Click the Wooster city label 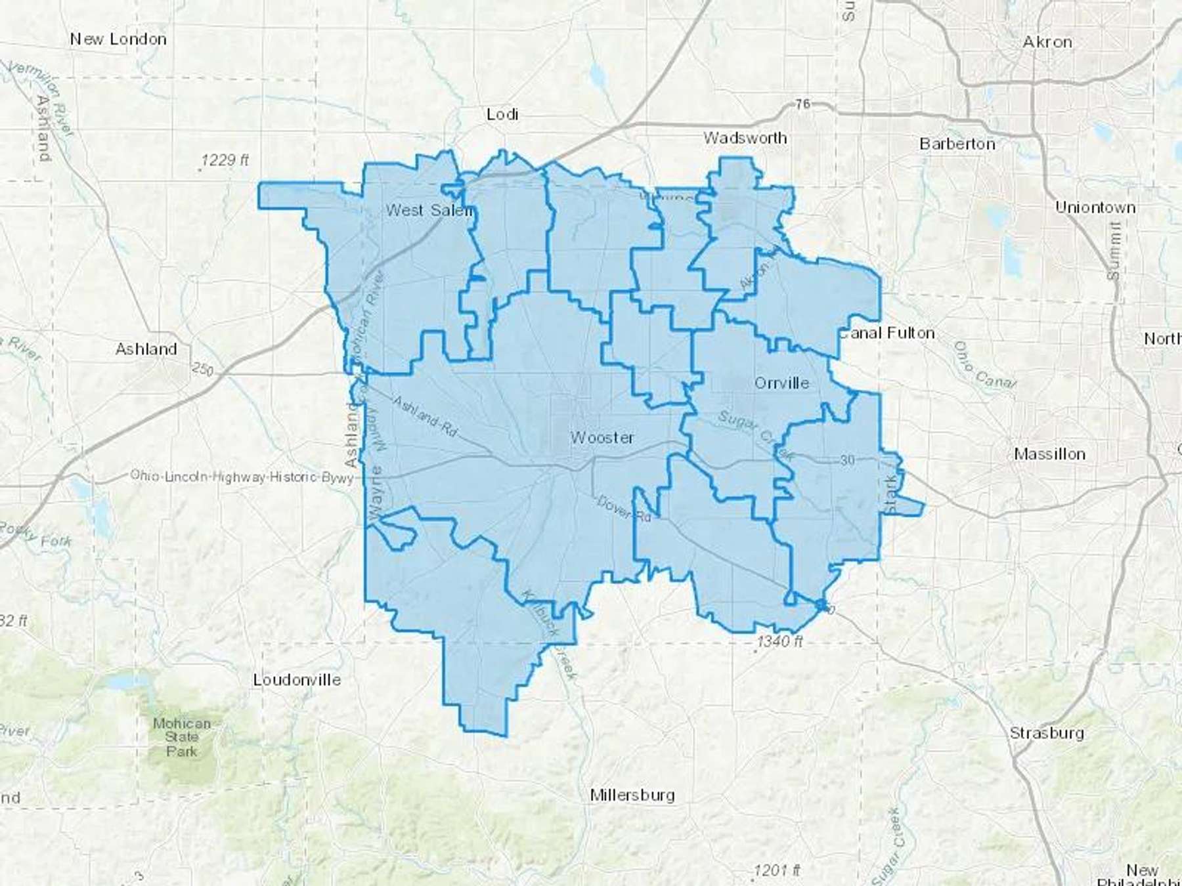pos(602,437)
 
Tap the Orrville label pos(781,383)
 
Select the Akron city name pos(1047,42)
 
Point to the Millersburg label pos(632,795)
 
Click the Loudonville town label pos(297,679)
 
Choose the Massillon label pos(1049,454)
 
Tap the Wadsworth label pos(745,138)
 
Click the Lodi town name pos(502,114)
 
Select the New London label pos(118,39)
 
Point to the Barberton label pos(957,144)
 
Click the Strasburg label pos(1046,732)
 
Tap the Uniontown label pos(1095,207)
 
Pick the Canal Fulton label pos(886,333)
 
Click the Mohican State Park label pos(181,737)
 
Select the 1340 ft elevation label pos(779,641)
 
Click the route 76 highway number pos(802,104)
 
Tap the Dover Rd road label pos(623,509)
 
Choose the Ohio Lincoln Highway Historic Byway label pos(242,476)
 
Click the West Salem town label pos(428,210)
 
